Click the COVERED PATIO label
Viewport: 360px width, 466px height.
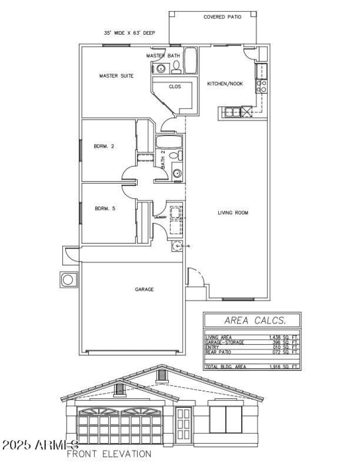[222, 17]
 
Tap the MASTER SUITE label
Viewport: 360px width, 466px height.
[116, 76]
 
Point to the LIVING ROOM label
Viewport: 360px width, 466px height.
[233, 213]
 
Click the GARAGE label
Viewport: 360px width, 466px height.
[144, 290]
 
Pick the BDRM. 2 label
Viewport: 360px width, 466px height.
[104, 146]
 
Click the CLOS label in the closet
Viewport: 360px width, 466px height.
[175, 87]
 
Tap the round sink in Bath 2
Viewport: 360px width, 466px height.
[177, 173]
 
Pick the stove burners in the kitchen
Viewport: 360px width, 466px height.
[261, 86]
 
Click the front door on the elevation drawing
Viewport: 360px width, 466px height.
[183, 424]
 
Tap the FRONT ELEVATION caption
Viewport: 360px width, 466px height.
[109, 454]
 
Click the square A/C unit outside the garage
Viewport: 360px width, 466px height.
[68, 279]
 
